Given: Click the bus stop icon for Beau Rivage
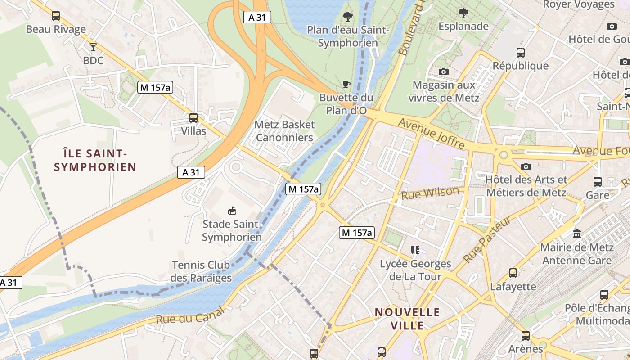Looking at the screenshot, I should tap(56, 16).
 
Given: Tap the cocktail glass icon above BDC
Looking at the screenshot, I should tap(93, 47).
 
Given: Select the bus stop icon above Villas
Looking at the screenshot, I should tap(193, 118).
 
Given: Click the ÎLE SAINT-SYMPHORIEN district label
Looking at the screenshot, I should tap(95, 161).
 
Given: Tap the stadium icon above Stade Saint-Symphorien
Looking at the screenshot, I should tap(232, 211).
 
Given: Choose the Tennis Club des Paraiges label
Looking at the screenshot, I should tap(201, 271).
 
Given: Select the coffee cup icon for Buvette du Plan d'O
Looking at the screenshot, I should tap(346, 84).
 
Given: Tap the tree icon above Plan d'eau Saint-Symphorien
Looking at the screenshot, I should tap(347, 17).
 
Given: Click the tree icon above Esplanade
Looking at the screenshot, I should tap(463, 13).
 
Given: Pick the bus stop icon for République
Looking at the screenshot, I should tap(521, 53).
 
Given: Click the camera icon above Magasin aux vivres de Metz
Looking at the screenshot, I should tap(444, 72).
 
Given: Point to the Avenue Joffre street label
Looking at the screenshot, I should tap(432, 133).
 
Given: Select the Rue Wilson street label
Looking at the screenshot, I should tap(430, 193).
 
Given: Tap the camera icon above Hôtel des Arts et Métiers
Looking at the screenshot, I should tap(526, 167).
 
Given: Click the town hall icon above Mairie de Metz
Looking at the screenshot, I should tap(577, 234).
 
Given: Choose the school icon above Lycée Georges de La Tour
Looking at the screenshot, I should tap(415, 250).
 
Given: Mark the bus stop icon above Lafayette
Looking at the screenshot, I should tap(513, 273).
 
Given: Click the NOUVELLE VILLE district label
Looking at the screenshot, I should tap(407, 319).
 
